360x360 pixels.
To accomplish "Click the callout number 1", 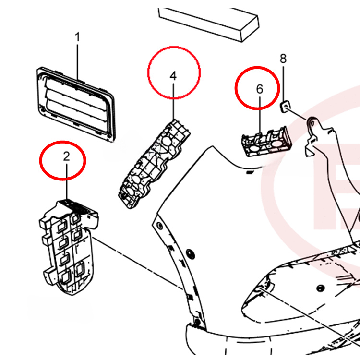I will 78,37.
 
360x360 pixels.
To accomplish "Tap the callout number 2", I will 66,156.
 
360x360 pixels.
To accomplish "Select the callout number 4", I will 173,76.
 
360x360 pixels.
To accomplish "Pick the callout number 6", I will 260,89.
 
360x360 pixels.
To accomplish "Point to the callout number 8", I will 283,59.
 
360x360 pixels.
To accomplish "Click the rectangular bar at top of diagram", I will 209,22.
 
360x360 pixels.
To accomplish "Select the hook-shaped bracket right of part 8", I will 317,134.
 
